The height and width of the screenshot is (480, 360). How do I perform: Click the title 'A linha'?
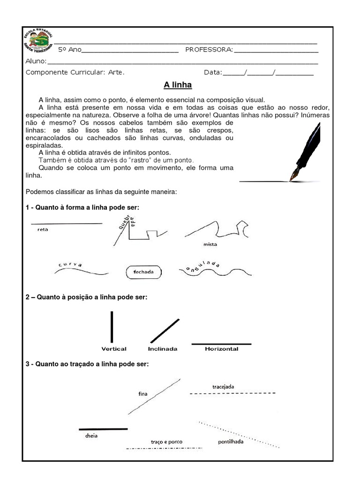(x=178, y=85)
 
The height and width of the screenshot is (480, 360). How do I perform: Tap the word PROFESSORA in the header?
(x=209, y=50)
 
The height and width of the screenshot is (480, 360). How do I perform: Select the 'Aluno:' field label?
(x=36, y=61)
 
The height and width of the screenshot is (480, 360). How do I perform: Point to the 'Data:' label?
(x=213, y=73)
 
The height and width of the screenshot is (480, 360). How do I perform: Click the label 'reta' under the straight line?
(x=43, y=230)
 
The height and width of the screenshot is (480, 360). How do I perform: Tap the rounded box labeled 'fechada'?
(x=143, y=272)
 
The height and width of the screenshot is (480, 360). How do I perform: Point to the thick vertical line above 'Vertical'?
(x=112, y=327)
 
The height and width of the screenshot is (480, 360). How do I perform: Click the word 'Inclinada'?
(x=163, y=349)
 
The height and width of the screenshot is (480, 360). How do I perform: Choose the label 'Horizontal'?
(x=221, y=349)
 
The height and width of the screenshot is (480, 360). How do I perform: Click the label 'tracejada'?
(x=223, y=386)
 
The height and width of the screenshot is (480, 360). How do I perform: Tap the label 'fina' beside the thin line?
(x=143, y=394)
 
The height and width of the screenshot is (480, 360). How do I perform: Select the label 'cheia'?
(x=91, y=435)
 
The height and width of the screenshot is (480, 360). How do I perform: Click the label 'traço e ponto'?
(x=166, y=442)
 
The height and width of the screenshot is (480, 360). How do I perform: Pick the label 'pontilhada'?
(x=231, y=442)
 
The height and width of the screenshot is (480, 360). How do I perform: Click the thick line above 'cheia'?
(x=103, y=429)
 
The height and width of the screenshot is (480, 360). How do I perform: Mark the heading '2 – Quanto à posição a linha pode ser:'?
(x=87, y=297)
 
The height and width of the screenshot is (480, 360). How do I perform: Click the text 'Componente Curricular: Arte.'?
(x=75, y=73)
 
